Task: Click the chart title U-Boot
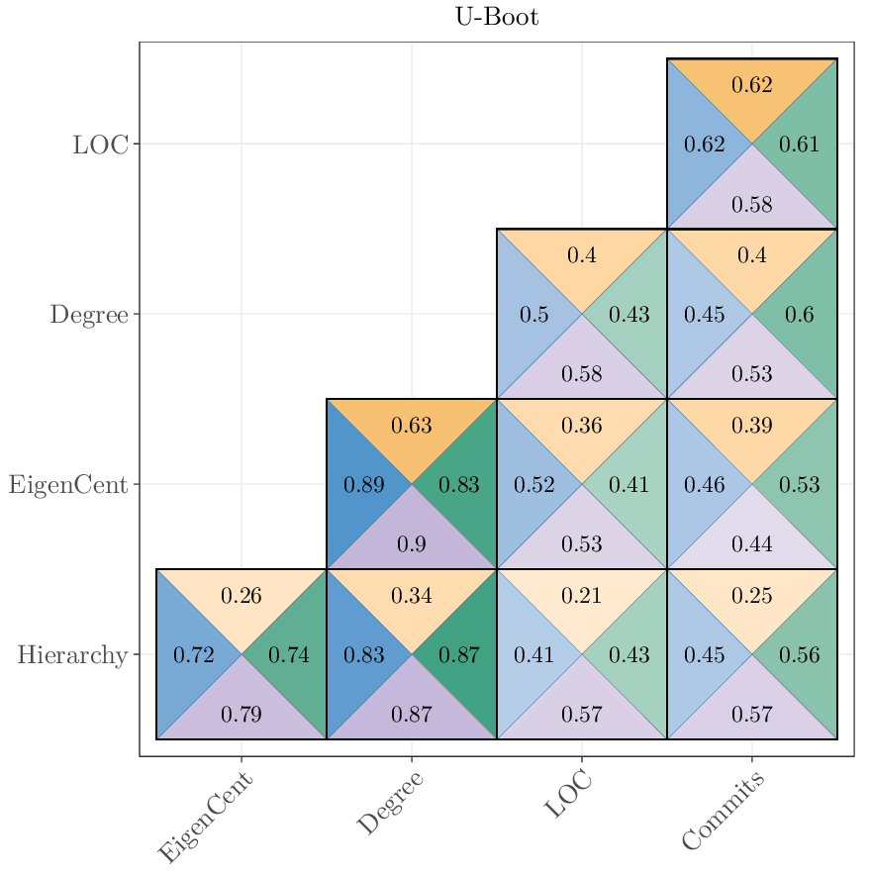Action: click(x=497, y=17)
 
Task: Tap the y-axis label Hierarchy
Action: click(x=72, y=655)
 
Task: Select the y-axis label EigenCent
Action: click(x=68, y=485)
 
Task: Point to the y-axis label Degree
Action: click(x=89, y=315)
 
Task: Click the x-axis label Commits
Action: click(x=724, y=813)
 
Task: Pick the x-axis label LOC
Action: click(x=569, y=796)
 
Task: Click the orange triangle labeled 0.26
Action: click(x=242, y=596)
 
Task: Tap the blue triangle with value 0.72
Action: click(x=194, y=655)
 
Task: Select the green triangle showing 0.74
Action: click(x=289, y=655)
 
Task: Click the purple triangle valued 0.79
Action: click(x=242, y=715)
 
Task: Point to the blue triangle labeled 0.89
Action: click(x=364, y=485)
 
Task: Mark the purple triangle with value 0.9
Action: click(x=412, y=544)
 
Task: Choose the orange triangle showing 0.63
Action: click(x=412, y=426)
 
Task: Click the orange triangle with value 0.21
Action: click(x=582, y=596)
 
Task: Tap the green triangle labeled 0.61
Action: click(x=800, y=145)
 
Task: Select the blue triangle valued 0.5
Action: click(x=534, y=315)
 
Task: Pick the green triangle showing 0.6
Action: click(x=800, y=315)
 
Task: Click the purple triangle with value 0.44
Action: click(x=752, y=544)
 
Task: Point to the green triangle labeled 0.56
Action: click(x=800, y=655)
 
